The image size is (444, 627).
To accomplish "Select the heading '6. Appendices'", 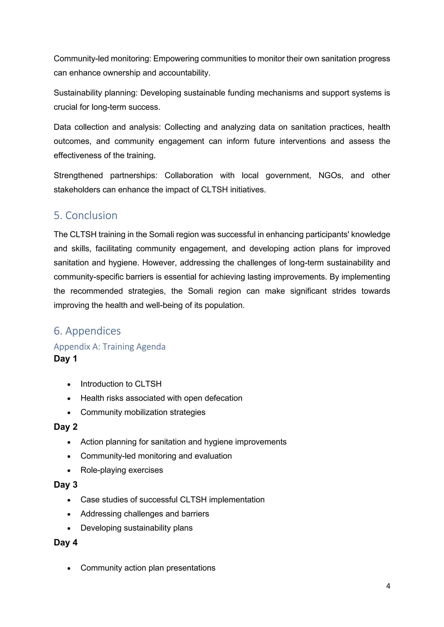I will [87, 331].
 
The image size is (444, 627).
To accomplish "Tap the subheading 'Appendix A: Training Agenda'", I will [109, 347].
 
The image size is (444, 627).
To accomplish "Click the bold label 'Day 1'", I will [65, 359].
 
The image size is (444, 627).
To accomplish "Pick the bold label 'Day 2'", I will [66, 427].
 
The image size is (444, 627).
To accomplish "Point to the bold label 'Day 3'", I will [66, 485].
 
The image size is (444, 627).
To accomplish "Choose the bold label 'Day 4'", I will [66, 542].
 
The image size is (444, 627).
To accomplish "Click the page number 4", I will [388, 586].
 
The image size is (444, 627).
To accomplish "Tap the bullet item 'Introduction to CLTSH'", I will [121, 384].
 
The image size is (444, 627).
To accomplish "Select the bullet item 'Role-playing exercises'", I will [122, 470].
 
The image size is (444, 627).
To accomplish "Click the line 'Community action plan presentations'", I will [148, 568].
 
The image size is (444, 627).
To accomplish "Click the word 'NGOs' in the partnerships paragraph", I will [331, 175].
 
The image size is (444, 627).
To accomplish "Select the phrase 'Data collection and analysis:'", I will [107, 127].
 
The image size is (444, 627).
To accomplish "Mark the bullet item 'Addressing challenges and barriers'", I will [145, 514].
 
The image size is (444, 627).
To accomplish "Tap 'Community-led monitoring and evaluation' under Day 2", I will [156, 456].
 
